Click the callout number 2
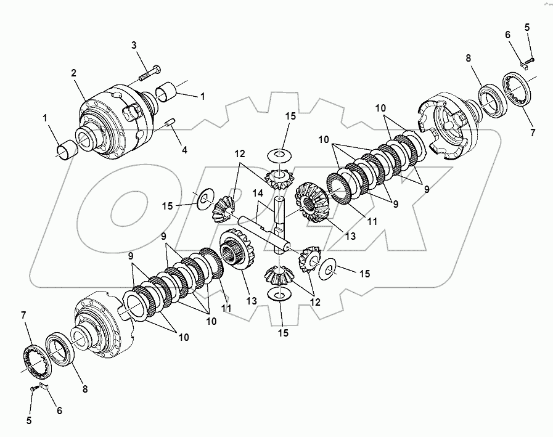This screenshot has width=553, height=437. (x=74, y=73)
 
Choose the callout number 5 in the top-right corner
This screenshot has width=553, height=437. (x=527, y=27)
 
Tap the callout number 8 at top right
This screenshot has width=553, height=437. (x=469, y=58)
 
